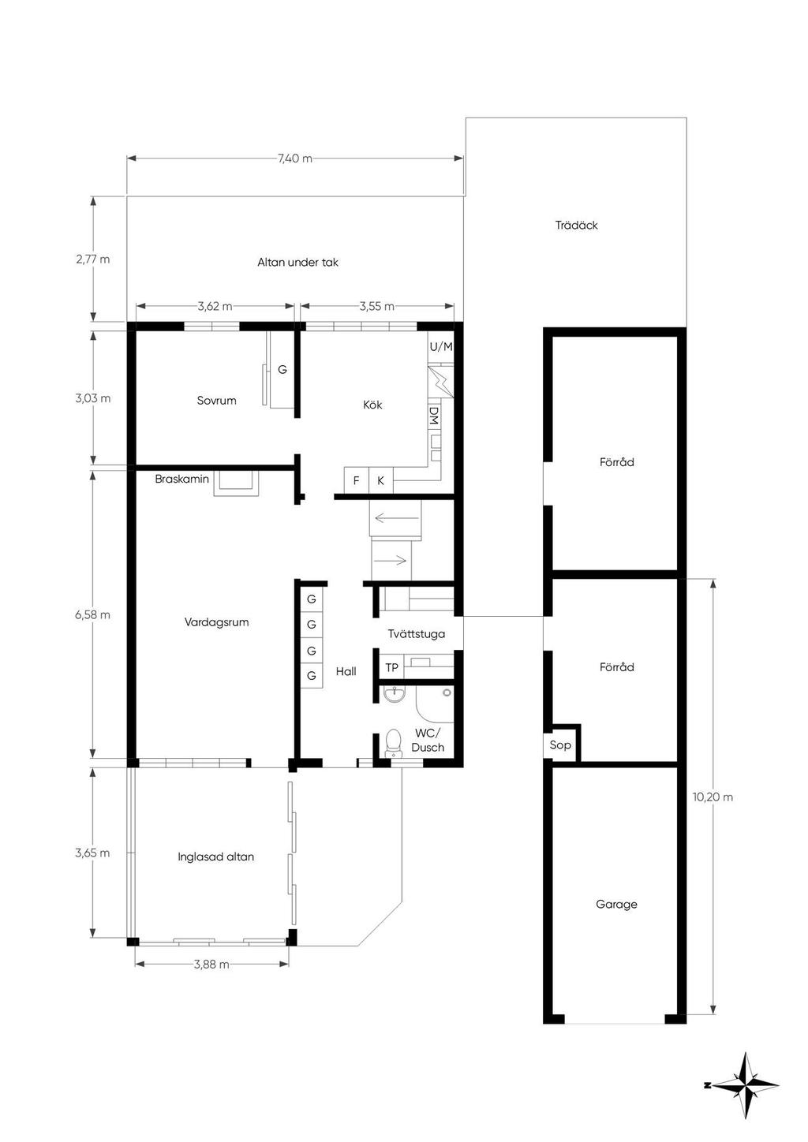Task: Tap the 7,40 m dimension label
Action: pyautogui.click(x=295, y=158)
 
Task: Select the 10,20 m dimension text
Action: pyautogui.click(x=713, y=797)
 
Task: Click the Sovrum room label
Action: pyautogui.click(x=217, y=400)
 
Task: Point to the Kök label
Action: pyautogui.click(x=372, y=405)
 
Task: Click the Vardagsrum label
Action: pyautogui.click(x=217, y=622)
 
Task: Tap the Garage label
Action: pyautogui.click(x=616, y=905)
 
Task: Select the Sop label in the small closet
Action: pyautogui.click(x=560, y=745)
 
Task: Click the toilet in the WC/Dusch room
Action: pyautogui.click(x=393, y=745)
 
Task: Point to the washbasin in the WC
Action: pyautogui.click(x=395, y=694)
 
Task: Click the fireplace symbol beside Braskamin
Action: pyautogui.click(x=236, y=483)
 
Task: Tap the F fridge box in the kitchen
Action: pyautogui.click(x=356, y=480)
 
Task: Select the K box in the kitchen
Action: pyautogui.click(x=380, y=480)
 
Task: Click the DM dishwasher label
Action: pyautogui.click(x=434, y=416)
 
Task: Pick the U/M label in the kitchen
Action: pyautogui.click(x=441, y=347)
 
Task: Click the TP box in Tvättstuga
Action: pyautogui.click(x=391, y=667)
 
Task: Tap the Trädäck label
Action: pyautogui.click(x=577, y=225)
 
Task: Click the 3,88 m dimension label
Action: pyautogui.click(x=211, y=964)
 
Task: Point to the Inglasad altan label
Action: pyautogui.click(x=215, y=856)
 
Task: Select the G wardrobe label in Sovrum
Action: pyautogui.click(x=282, y=370)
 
